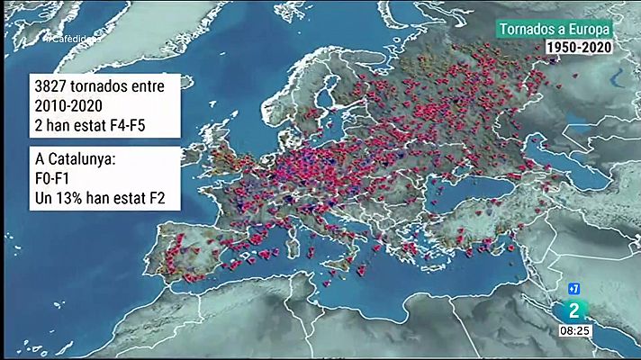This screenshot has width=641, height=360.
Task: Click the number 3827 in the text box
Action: [50, 90]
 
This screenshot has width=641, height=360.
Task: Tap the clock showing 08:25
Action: [577, 331]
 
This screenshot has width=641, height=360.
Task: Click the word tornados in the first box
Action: [103, 90]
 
